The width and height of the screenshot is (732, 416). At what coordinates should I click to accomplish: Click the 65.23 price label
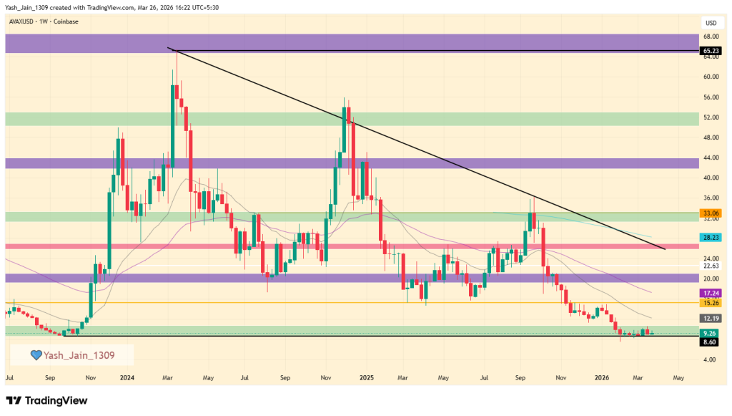(710, 51)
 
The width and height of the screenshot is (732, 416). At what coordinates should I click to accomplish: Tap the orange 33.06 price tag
(710, 213)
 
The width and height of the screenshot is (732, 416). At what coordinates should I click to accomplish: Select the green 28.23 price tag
(710, 237)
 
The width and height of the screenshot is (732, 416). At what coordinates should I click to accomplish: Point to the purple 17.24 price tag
(710, 293)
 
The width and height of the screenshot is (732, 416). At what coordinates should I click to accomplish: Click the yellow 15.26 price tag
(710, 303)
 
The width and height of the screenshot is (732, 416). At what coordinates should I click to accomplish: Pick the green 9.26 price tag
(710, 333)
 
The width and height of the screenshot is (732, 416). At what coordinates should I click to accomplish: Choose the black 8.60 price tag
(710, 343)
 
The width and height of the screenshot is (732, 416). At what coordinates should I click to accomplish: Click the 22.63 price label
(710, 266)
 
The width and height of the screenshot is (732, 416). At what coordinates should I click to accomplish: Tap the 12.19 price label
(710, 318)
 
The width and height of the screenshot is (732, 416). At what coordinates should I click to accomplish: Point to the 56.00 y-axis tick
(710, 97)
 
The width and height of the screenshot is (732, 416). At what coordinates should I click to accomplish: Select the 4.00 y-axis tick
(710, 359)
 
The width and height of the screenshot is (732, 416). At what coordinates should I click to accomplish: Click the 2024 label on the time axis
(127, 377)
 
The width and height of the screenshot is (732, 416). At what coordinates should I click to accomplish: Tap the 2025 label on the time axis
(366, 377)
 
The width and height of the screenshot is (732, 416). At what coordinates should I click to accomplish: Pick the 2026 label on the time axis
(602, 377)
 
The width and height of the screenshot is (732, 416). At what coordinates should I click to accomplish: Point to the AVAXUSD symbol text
(23, 21)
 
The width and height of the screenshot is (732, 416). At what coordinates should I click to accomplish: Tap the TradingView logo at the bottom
(46, 400)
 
